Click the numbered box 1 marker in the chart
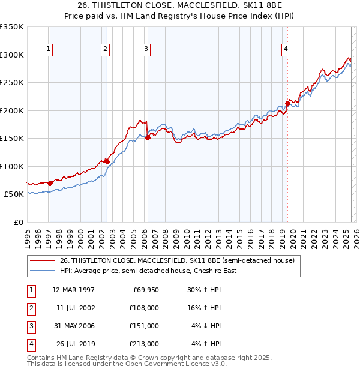47,49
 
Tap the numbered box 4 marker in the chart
286,49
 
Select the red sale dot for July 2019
287,103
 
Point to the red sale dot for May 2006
148,137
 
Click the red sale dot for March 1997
50,183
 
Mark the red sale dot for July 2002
106,161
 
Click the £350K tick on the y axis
11,27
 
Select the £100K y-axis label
11,166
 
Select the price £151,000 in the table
144,326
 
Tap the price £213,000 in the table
144,344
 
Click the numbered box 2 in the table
30,308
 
